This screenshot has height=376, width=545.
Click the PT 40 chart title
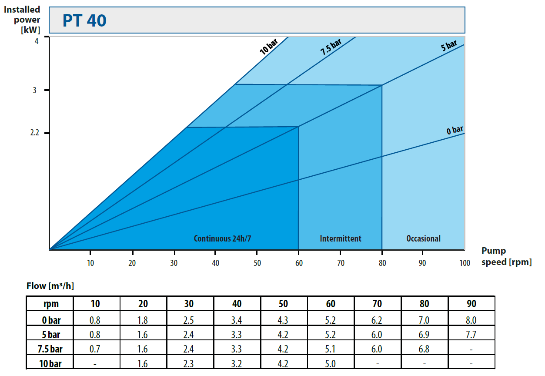point(84,20)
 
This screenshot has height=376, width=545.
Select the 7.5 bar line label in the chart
point(331,47)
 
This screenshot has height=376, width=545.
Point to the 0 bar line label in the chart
point(455,130)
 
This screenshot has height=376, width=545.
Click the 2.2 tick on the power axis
point(35,133)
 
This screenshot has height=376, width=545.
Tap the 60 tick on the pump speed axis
point(299,263)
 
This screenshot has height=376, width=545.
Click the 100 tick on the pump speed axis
point(465,263)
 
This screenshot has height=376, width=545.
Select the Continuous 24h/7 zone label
point(223,238)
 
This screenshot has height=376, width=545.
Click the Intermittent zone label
point(341,238)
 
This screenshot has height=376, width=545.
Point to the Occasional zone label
point(423,238)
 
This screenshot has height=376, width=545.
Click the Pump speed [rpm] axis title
point(506,257)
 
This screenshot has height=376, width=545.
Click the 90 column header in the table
point(471,304)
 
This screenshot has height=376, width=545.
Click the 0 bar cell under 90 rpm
point(471,320)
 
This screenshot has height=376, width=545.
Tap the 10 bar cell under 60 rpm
point(331,363)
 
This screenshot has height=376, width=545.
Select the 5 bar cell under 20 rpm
point(143,335)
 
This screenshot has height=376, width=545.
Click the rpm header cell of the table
point(50,304)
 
